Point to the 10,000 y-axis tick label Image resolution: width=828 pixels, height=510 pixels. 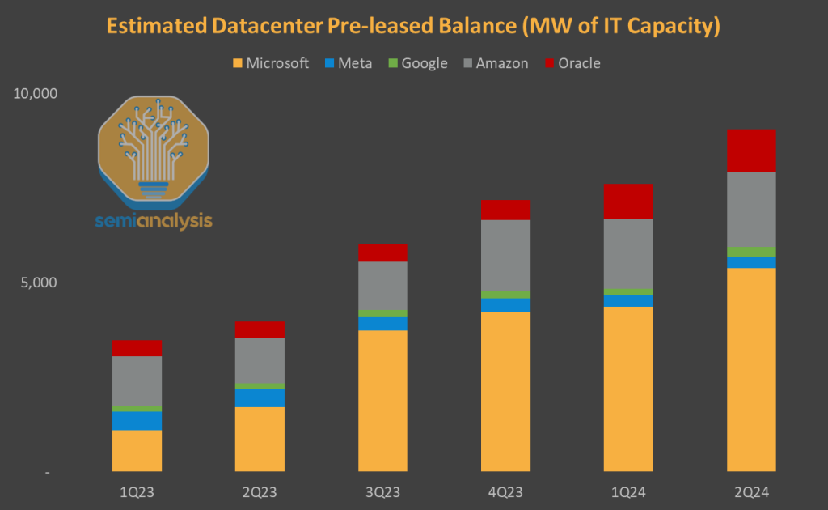[x=36, y=93]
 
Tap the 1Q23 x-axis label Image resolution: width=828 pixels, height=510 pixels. [x=137, y=491]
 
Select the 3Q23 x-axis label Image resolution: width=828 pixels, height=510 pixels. [x=382, y=491]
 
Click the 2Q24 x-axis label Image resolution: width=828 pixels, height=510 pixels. [x=751, y=491]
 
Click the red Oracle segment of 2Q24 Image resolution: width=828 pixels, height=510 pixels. [x=751, y=151]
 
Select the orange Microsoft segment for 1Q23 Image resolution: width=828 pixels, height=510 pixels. [x=137, y=450]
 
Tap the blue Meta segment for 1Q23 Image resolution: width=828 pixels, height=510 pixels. [x=137, y=421]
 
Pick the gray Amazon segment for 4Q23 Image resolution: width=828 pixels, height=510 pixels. [x=505, y=255]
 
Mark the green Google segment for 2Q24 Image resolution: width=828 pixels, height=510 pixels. [x=751, y=252]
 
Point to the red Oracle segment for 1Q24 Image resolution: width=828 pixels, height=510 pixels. [x=628, y=202]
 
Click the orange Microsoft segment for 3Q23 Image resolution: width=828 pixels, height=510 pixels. [x=382, y=401]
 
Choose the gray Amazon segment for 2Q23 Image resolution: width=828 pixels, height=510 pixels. [x=260, y=360]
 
